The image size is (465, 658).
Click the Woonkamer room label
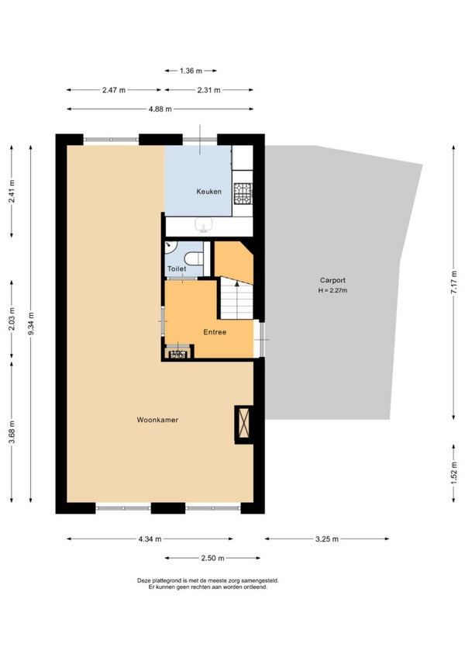pos(157,420)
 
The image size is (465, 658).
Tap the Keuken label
pos(208,192)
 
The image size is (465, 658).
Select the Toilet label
pos(177,268)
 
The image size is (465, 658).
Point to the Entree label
pos(215,332)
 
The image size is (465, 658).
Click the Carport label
pos(332,280)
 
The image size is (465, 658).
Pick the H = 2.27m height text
pos(332,290)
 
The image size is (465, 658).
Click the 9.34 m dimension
pos(30,324)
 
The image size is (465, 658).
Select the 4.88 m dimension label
pos(160,109)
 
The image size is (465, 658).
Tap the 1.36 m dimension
pos(191,71)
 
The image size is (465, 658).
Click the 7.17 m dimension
pos(453,282)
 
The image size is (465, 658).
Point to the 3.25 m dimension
pos(326,539)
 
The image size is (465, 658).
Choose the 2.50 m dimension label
pos(212,558)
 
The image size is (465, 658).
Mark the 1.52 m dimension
pos(453,473)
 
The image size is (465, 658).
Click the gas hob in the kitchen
pos(243,193)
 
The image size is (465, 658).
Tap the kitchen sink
pos(203,225)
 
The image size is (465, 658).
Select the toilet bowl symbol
pos(194,258)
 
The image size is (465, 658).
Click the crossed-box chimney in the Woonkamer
pos(243,424)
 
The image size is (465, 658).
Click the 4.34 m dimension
pos(150,539)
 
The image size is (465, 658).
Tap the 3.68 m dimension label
pos(12,431)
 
